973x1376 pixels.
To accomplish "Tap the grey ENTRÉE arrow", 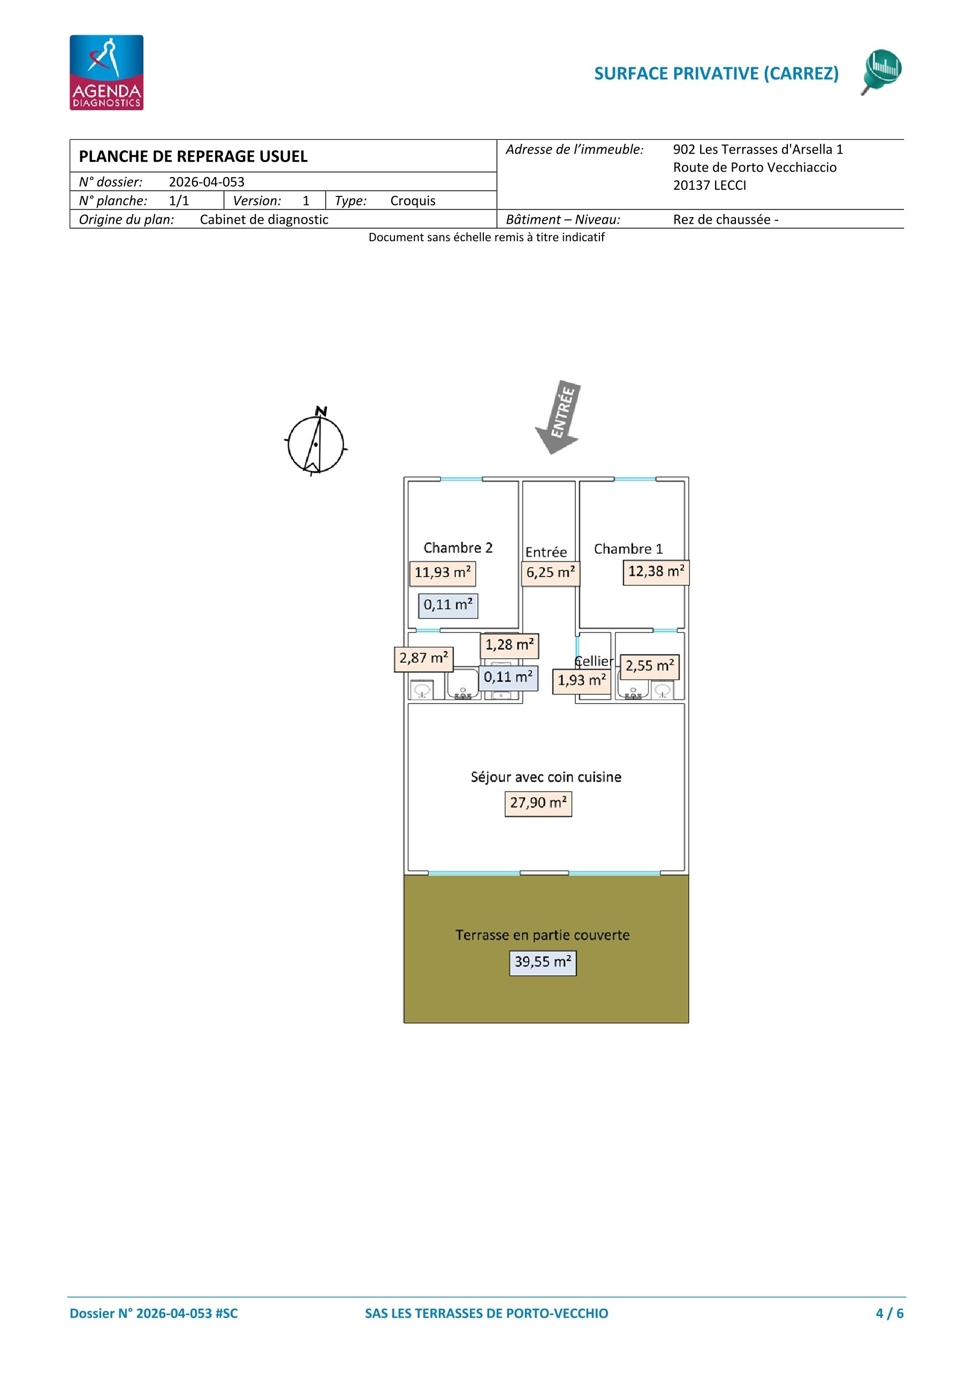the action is coord(558,417).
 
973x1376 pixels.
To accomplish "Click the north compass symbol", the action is coord(316,442).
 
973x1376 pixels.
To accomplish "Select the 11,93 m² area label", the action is coord(443,573).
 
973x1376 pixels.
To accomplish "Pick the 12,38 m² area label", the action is coord(656,572).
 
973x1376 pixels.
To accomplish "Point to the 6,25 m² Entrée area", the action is coord(550,573).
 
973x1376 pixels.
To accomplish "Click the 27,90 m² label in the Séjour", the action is coord(538,803).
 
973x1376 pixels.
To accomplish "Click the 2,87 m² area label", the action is coord(423,659).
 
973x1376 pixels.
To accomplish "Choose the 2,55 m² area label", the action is coord(649,667).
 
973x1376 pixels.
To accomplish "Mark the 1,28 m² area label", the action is coord(509,645).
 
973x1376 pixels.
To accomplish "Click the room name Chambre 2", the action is coord(458,548).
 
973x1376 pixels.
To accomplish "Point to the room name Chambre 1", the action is coord(628,549).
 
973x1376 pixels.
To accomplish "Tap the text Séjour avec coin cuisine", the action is coord(546,777).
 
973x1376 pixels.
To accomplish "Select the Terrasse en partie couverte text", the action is coord(543,936).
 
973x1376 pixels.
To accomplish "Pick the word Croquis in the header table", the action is coord(413,201).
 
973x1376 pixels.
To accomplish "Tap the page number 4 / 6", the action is coord(890,1313).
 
